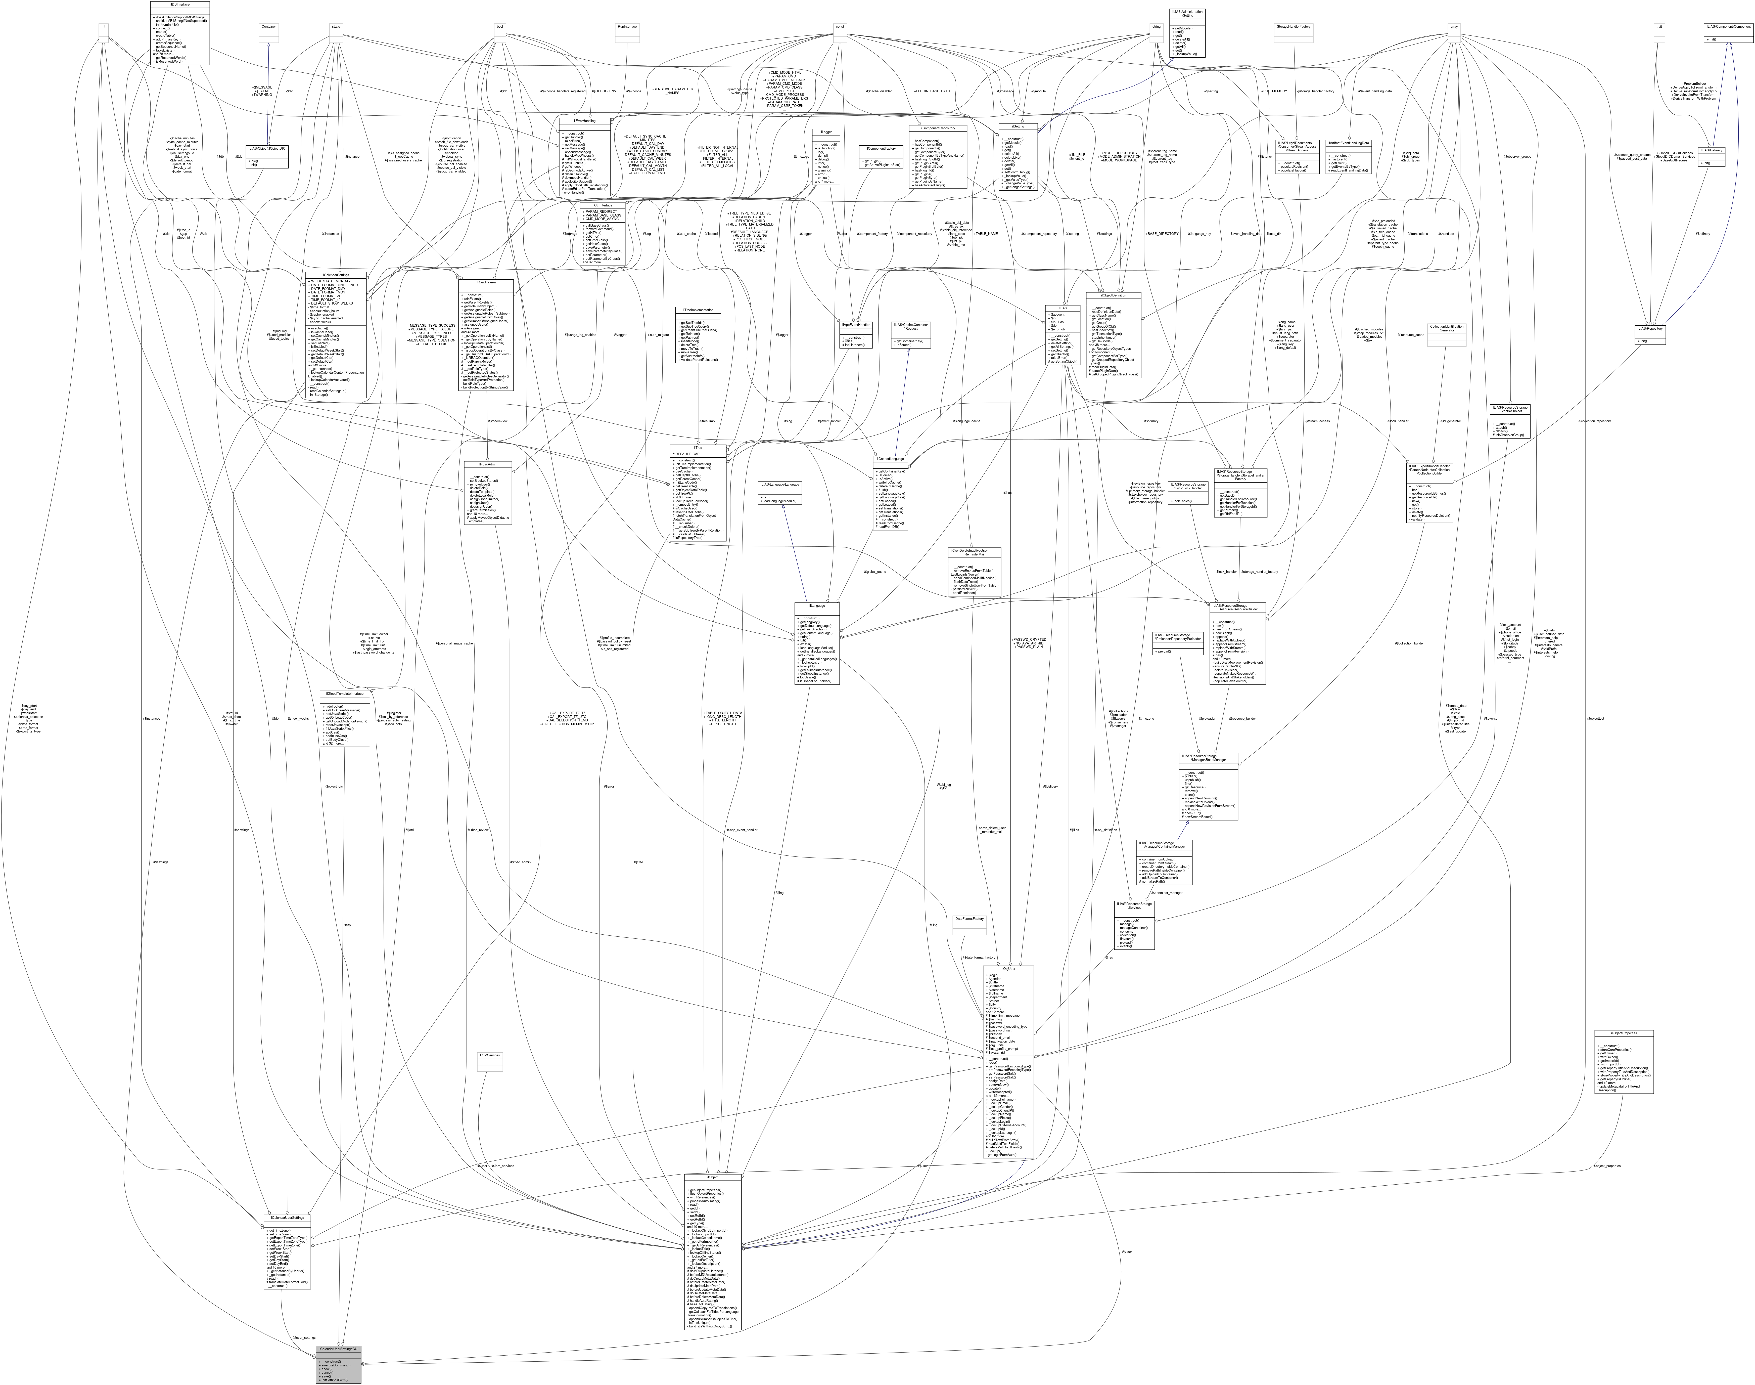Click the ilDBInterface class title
(x=180, y=4)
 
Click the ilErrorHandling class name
(x=585, y=120)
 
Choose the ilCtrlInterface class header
(x=601, y=205)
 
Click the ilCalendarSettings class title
(x=336, y=275)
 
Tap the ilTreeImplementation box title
(x=698, y=311)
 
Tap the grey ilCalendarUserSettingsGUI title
(x=338, y=1349)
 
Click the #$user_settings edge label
(x=304, y=1337)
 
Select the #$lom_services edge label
(x=502, y=1165)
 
